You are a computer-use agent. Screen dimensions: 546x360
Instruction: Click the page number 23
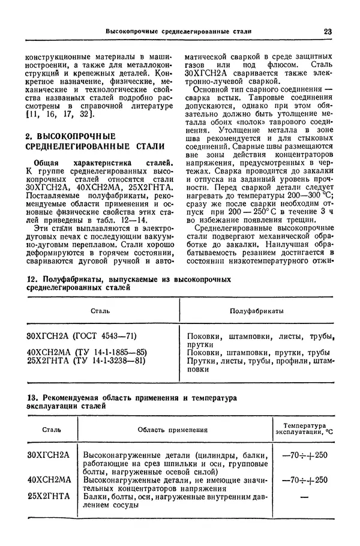[328, 31]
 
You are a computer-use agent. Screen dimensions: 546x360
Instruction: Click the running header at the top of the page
[178, 31]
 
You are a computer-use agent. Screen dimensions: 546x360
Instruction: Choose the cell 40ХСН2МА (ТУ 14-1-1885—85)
[87, 352]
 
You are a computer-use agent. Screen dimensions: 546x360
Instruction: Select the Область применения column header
[173, 430]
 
